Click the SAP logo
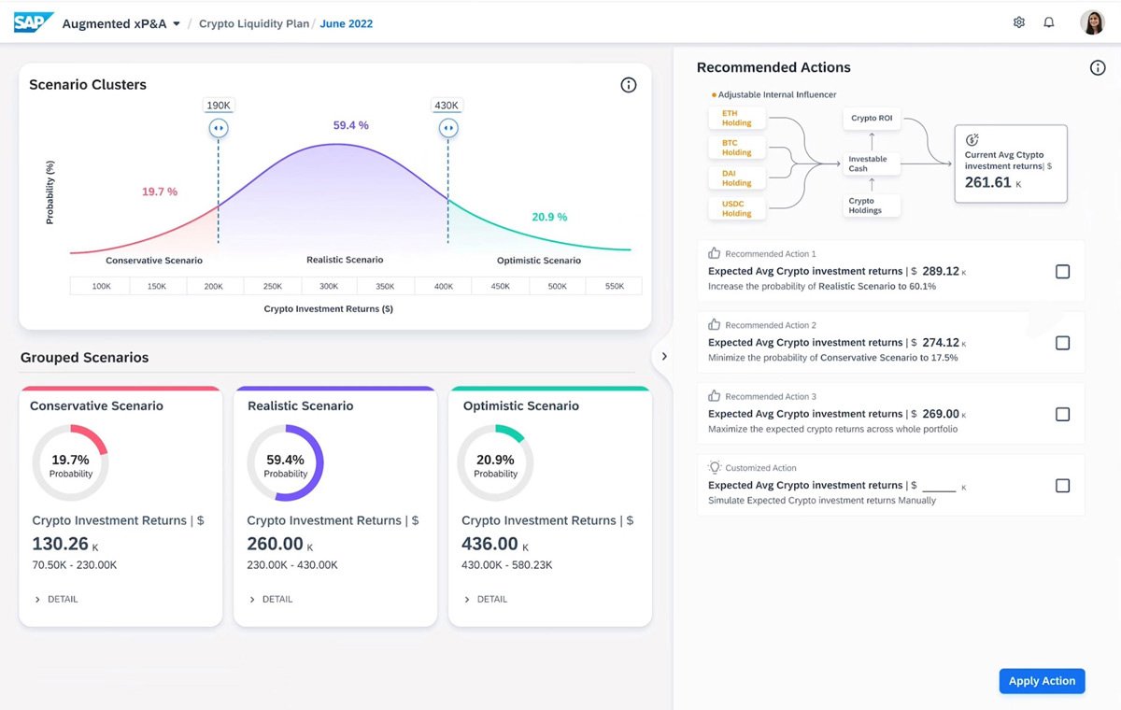(x=34, y=22)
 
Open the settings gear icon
(x=1019, y=22)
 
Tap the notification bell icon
(x=1049, y=22)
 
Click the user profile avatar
(x=1092, y=22)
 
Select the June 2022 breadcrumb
(x=346, y=24)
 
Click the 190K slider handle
(x=219, y=128)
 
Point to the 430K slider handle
(x=447, y=128)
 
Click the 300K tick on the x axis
(x=329, y=287)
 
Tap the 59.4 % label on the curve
(x=350, y=125)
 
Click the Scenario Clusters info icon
(x=629, y=85)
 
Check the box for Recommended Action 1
(x=1062, y=272)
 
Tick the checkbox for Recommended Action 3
(x=1062, y=415)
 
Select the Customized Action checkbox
(x=1062, y=486)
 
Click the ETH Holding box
(x=737, y=118)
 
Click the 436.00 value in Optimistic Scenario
(x=490, y=544)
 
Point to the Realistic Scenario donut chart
(x=286, y=464)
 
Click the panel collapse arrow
(x=663, y=356)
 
